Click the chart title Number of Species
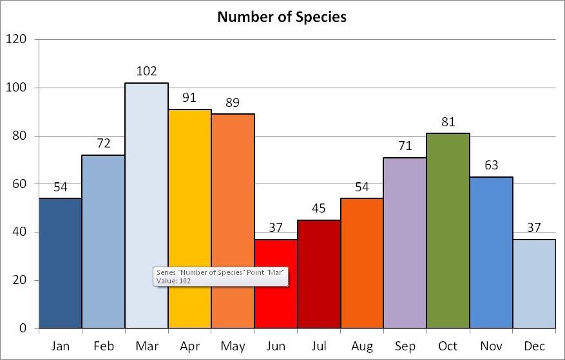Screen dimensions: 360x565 pyautogui.click(x=282, y=17)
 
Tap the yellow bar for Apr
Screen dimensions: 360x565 pyautogui.click(x=189, y=219)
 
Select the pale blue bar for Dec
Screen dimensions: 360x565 pyautogui.click(x=534, y=283)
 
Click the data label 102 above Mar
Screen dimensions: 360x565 pyautogui.click(x=147, y=71)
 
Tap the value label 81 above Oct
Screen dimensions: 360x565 pyautogui.click(x=448, y=122)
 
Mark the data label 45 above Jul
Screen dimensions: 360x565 pyautogui.click(x=319, y=209)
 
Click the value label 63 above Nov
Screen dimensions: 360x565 pyautogui.click(x=491, y=166)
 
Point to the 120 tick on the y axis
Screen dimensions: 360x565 pyautogui.click(x=16, y=39)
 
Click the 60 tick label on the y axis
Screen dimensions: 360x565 pyautogui.click(x=19, y=184)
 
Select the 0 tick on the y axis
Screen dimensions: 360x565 pyautogui.click(x=23, y=328)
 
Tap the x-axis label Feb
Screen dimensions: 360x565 pyautogui.click(x=104, y=346)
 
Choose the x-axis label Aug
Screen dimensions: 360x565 pyautogui.click(x=362, y=346)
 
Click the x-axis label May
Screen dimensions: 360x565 pyautogui.click(x=233, y=346)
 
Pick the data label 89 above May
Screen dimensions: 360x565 pyautogui.click(x=233, y=102)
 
